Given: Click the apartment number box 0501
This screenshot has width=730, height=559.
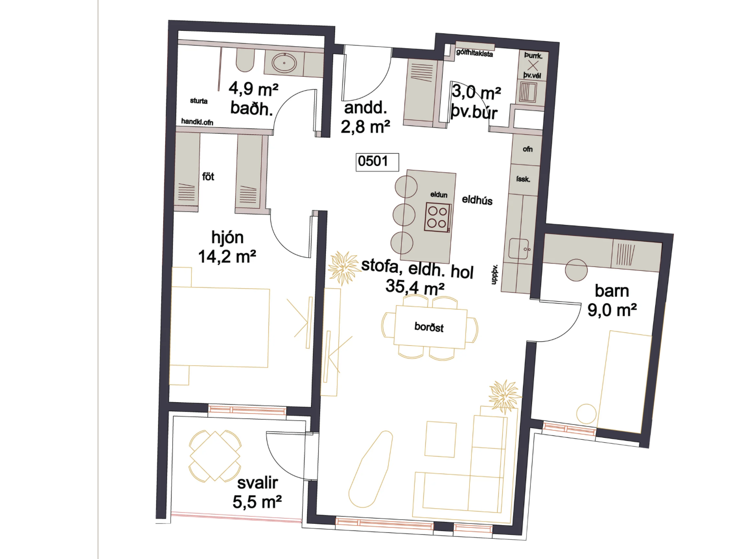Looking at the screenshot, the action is pyautogui.click(x=377, y=162).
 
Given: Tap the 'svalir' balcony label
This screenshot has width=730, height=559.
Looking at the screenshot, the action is pyautogui.click(x=257, y=483).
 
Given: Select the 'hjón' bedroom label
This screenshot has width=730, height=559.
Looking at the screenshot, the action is pyautogui.click(x=227, y=238).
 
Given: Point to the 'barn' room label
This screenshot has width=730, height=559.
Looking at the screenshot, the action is pyautogui.click(x=612, y=291).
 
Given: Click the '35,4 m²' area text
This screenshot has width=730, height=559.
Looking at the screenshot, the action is pyautogui.click(x=415, y=287).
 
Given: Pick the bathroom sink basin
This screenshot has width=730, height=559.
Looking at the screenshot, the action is pyautogui.click(x=284, y=63).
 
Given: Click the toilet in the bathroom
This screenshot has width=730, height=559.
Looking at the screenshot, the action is pyautogui.click(x=245, y=60).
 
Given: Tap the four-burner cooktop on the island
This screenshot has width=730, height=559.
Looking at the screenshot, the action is pyautogui.click(x=438, y=217).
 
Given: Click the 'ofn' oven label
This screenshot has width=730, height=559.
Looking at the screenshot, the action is pyautogui.click(x=527, y=149).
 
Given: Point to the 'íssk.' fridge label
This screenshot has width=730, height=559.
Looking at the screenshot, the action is pyautogui.click(x=523, y=179).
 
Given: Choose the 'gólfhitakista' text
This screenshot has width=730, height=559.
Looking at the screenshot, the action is pyautogui.click(x=474, y=54).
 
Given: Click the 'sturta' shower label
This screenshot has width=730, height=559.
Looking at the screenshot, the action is pyautogui.click(x=198, y=101).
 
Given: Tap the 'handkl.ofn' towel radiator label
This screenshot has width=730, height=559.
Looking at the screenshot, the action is pyautogui.click(x=197, y=122).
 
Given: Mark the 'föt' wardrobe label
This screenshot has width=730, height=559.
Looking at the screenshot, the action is pyautogui.click(x=208, y=176).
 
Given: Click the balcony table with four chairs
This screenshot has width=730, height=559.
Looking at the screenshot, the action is pyautogui.click(x=215, y=456).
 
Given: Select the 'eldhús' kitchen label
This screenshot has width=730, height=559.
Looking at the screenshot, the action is pyautogui.click(x=477, y=200).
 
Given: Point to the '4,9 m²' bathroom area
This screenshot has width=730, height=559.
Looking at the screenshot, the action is pyautogui.click(x=253, y=89).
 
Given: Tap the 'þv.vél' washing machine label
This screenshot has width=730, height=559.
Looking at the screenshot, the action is pyautogui.click(x=532, y=75).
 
